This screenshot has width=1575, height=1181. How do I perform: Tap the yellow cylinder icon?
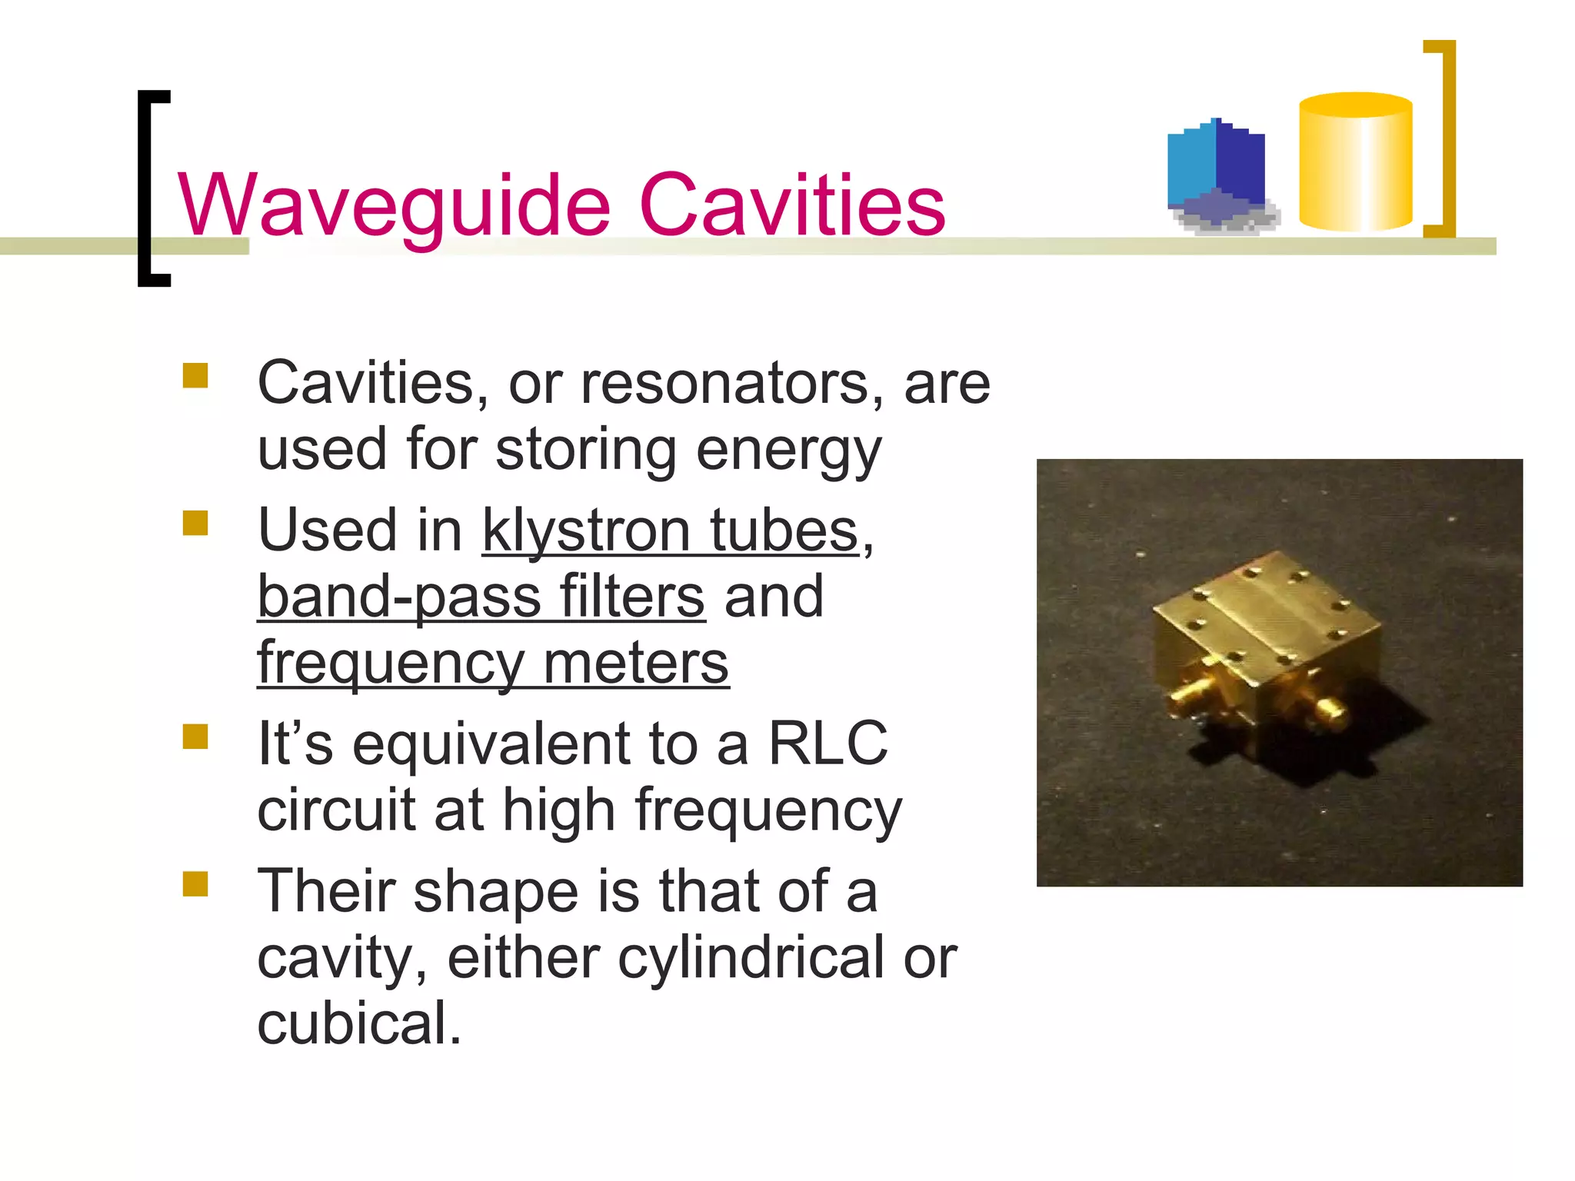(x=1355, y=163)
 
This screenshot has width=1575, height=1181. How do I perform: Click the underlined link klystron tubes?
(x=670, y=531)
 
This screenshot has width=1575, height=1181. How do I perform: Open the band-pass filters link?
(x=481, y=597)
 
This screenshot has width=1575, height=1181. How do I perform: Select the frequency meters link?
(x=492, y=663)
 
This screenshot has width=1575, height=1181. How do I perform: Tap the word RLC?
(x=827, y=744)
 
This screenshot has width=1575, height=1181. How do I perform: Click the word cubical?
(x=358, y=1024)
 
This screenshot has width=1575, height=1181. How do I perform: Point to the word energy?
(x=788, y=451)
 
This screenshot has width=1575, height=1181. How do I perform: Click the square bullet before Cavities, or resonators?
(x=195, y=376)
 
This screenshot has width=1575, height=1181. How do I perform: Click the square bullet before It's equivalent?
(x=195, y=737)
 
